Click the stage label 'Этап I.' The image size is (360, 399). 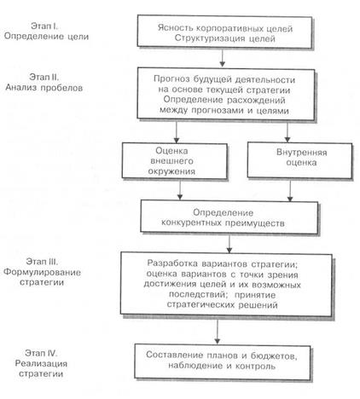coord(44,26)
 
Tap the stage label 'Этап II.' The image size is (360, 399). coord(44,77)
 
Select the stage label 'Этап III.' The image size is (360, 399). coord(42,262)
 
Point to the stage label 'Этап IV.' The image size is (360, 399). coord(41,353)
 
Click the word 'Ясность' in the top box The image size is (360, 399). coord(175,28)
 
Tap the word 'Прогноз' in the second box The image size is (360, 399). coord(171,79)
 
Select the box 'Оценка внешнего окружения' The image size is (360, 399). coord(175,161)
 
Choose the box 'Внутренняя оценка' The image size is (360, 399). coord(299,160)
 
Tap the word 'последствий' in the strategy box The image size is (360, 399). coord(198,294)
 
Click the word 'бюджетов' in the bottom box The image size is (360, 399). coord(274,356)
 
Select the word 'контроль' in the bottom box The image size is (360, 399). coord(255,366)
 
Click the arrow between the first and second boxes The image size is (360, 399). coord(223,58)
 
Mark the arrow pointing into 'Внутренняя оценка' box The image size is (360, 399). coord(287,132)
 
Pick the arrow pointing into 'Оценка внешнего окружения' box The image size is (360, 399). coord(177,132)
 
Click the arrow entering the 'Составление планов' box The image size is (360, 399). coord(218,331)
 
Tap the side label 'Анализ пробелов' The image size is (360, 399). coord(44,88)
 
